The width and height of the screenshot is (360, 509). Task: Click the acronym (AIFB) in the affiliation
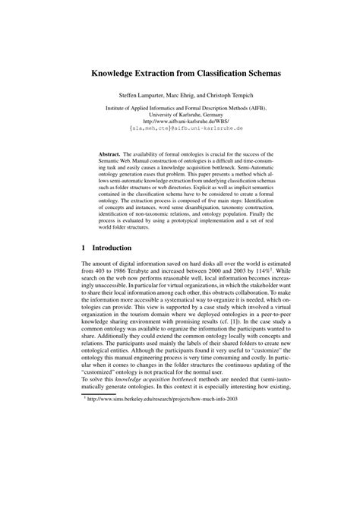264,109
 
